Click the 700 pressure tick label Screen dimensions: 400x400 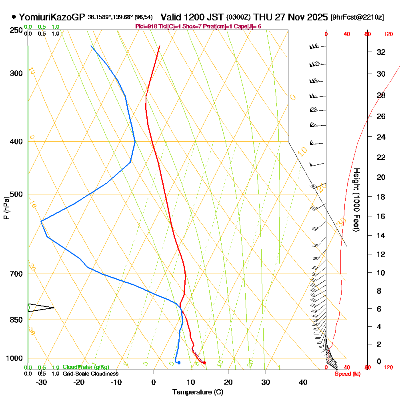coord(16,274)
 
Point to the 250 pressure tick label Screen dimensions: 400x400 coord(16,30)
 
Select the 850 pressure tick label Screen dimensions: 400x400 coord(16,320)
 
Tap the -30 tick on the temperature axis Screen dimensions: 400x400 coord(41,382)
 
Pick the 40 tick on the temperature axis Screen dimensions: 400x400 coord(303,382)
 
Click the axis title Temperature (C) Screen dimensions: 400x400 coord(198,392)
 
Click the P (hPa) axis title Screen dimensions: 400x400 coord(6,208)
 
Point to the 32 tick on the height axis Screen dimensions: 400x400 coord(381,52)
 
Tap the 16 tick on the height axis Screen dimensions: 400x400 coord(381,216)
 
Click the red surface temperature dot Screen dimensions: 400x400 coord(204,363)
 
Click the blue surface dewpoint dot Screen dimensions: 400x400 coord(179,363)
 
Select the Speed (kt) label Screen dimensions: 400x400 coord(346,374)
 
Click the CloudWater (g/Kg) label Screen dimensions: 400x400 coord(86,367)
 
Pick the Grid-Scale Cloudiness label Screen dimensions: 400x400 coord(90,374)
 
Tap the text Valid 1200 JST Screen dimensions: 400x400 coord(192,17)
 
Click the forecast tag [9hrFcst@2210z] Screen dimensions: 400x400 coord(357,18)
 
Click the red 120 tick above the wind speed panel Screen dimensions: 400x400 coord(388,34)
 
